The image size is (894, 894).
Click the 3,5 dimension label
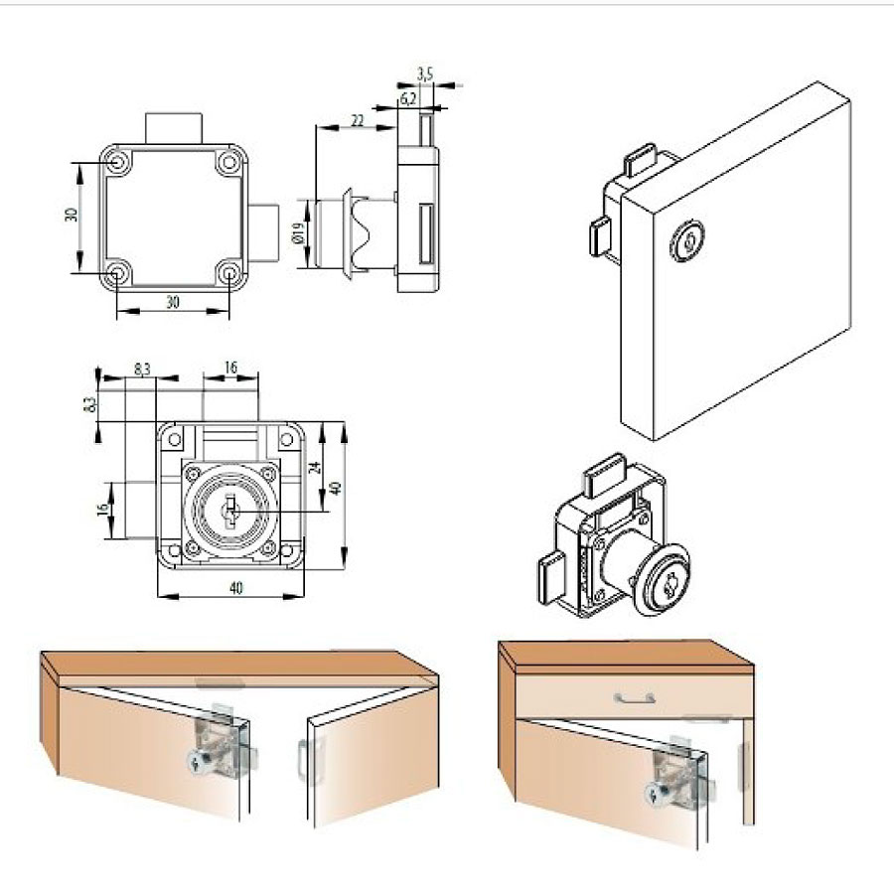point(425,73)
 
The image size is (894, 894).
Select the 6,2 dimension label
point(407,98)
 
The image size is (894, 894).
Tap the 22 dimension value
point(357,120)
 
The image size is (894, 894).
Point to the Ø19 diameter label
point(297,233)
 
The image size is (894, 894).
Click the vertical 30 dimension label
point(72,215)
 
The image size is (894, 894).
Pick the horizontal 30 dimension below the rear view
point(173,302)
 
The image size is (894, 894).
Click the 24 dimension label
point(314,468)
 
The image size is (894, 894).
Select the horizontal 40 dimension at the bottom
point(235,587)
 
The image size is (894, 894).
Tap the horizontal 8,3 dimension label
point(142,369)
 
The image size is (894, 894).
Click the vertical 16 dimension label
point(103,509)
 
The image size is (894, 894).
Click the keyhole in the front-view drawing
point(230,511)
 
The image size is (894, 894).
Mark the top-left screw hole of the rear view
point(118,163)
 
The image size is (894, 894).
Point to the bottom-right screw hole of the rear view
point(229,274)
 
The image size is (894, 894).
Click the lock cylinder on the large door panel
point(686,240)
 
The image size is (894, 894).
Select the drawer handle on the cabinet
point(634,698)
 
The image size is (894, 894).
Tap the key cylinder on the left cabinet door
point(198,760)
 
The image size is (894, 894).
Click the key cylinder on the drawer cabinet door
point(658,792)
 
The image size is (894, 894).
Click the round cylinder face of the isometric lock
point(664,580)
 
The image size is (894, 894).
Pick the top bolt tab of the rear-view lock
point(174,129)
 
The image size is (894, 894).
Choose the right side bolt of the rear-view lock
point(263,233)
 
